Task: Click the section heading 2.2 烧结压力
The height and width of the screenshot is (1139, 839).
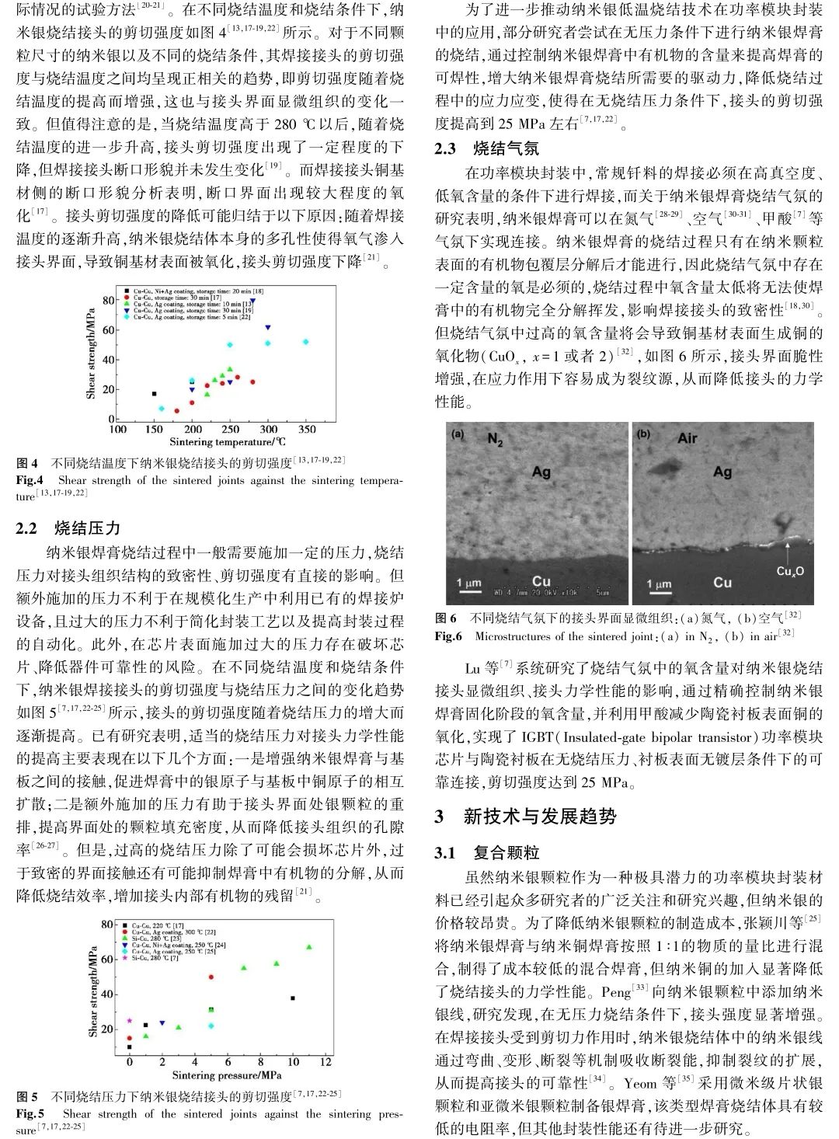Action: [x=68, y=528]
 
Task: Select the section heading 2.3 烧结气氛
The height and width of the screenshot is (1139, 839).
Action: [x=486, y=148]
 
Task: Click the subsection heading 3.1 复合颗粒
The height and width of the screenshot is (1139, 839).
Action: [x=486, y=853]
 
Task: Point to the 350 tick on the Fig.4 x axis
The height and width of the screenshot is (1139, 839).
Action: [x=307, y=430]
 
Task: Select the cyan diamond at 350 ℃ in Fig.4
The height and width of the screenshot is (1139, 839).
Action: [x=306, y=342]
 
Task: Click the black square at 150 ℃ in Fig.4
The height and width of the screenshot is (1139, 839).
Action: [x=154, y=394]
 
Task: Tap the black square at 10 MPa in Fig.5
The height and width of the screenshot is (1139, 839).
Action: [x=293, y=998]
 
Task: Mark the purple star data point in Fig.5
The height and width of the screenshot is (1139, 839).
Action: [x=130, y=1020]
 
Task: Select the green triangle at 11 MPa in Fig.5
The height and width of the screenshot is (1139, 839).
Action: [x=309, y=947]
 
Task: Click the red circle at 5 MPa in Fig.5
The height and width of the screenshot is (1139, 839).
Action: [x=211, y=977]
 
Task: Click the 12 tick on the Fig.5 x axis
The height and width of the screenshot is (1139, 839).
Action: [x=326, y=1061]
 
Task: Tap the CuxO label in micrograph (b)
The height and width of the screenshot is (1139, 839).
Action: [x=790, y=571]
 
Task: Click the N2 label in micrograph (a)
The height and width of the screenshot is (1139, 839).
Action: [x=496, y=440]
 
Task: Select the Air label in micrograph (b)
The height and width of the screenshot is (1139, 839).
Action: [x=687, y=438]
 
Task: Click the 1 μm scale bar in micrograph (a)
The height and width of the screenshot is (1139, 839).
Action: [x=468, y=585]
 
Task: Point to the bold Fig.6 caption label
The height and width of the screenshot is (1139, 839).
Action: [x=448, y=636]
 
